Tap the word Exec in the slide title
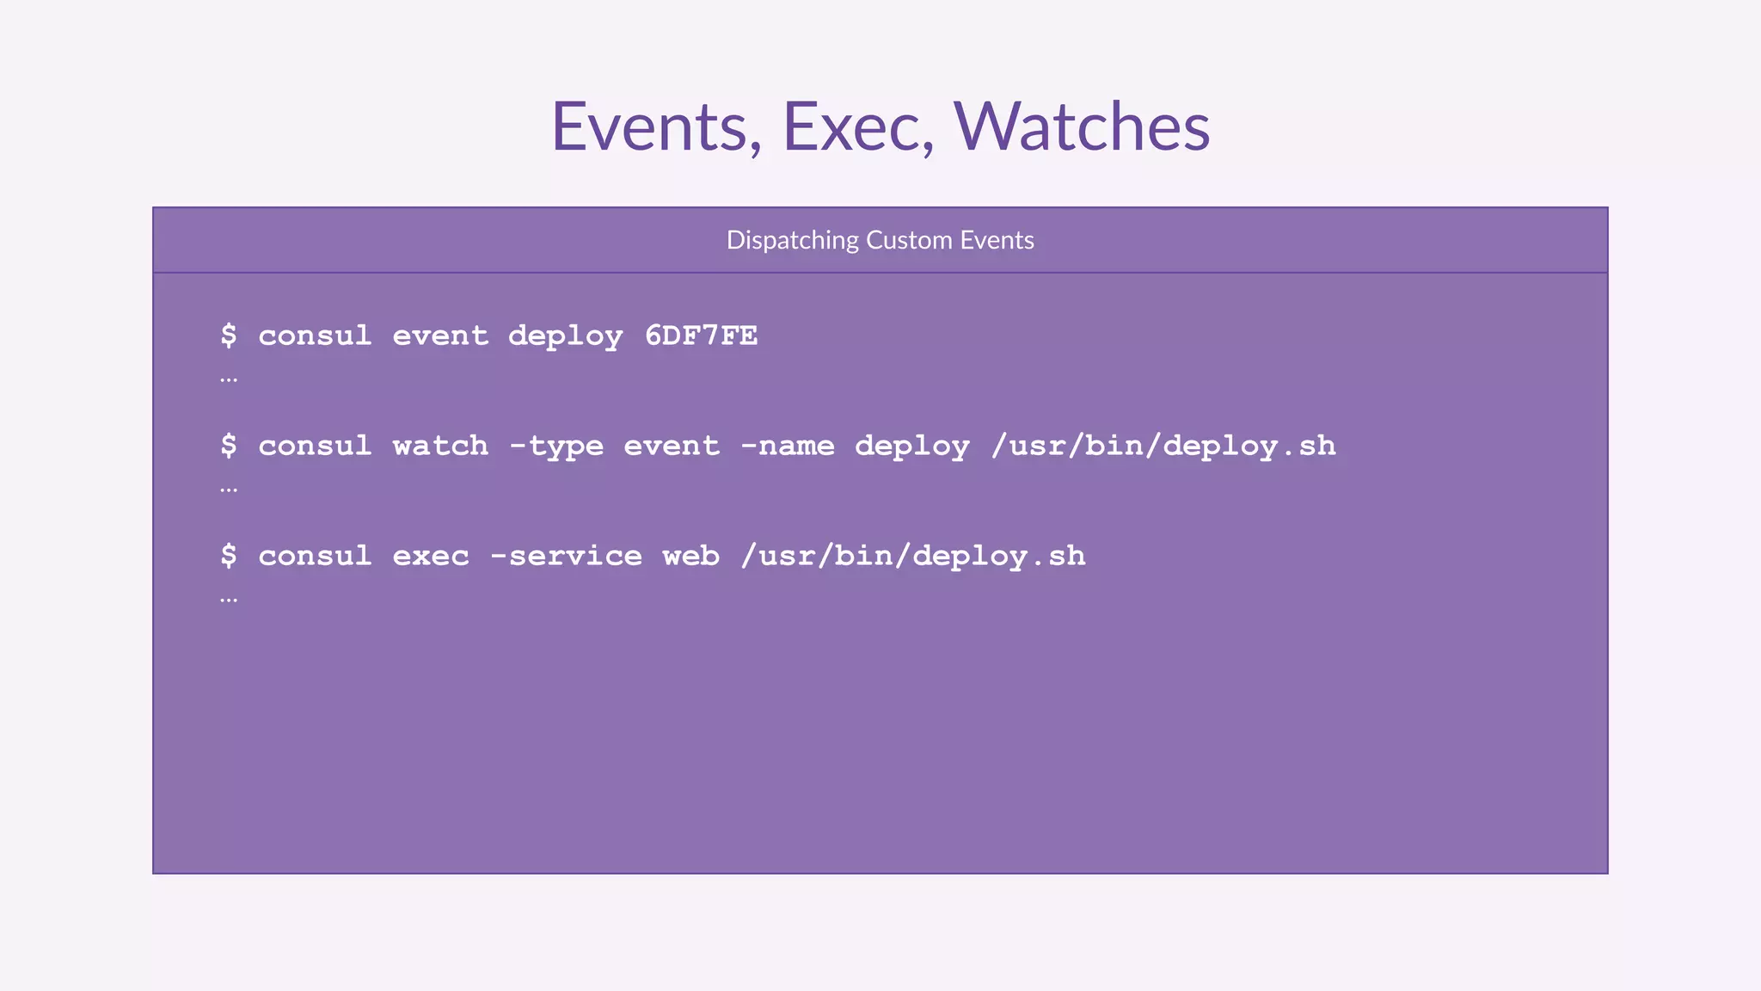[857, 127]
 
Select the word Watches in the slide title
[1082, 127]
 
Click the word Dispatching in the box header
[792, 240]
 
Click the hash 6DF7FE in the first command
[701, 335]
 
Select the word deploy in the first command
[565, 336]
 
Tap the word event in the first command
[440, 335]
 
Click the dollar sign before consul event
[228, 335]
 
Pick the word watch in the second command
[440, 446]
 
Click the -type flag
[555, 446]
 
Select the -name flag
[787, 446]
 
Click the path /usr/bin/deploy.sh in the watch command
[1163, 446]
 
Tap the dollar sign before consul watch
[228, 446]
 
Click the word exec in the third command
[431, 556]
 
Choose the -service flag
[565, 556]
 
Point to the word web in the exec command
[690, 556]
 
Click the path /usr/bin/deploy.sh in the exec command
[913, 557]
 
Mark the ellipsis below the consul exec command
[229, 600]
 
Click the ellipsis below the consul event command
[229, 379]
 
